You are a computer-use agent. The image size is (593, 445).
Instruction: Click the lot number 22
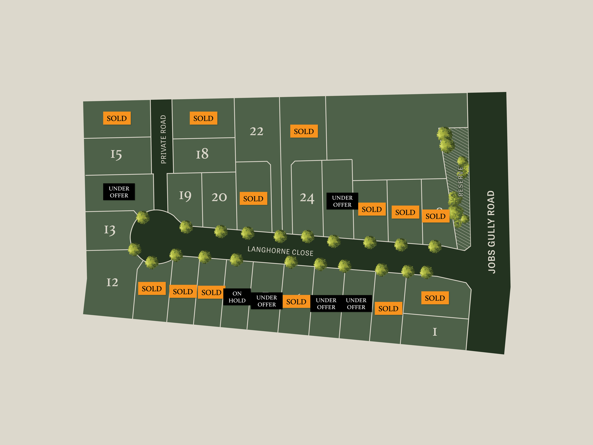tap(256, 131)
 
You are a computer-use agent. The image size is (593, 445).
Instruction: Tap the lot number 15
tap(116, 154)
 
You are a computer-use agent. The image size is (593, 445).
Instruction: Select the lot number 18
tap(202, 154)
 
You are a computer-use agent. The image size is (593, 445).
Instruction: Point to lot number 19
tap(185, 196)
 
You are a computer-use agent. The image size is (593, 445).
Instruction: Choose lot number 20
tap(219, 197)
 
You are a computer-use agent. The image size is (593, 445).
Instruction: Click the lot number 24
tap(307, 198)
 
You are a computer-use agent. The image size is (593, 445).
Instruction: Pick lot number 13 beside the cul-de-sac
tap(110, 230)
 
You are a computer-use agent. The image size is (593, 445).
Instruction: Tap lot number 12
tap(112, 282)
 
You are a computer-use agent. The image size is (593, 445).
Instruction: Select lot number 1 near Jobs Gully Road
tap(435, 332)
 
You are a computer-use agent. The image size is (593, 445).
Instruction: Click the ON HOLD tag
tap(237, 297)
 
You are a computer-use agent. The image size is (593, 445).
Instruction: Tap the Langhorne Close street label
tap(280, 251)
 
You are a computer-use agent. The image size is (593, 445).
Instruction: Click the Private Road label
tap(163, 139)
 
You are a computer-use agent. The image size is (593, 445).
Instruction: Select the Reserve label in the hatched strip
tap(460, 182)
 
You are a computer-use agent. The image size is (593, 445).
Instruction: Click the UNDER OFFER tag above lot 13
tap(119, 192)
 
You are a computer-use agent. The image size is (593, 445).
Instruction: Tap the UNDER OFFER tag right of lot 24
tap(342, 201)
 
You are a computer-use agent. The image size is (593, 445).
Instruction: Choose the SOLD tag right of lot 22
tap(304, 131)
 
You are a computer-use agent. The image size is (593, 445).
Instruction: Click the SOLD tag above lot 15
tap(117, 118)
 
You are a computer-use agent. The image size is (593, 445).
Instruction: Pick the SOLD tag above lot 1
tap(435, 298)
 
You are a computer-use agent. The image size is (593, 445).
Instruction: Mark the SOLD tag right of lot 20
tap(253, 198)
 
